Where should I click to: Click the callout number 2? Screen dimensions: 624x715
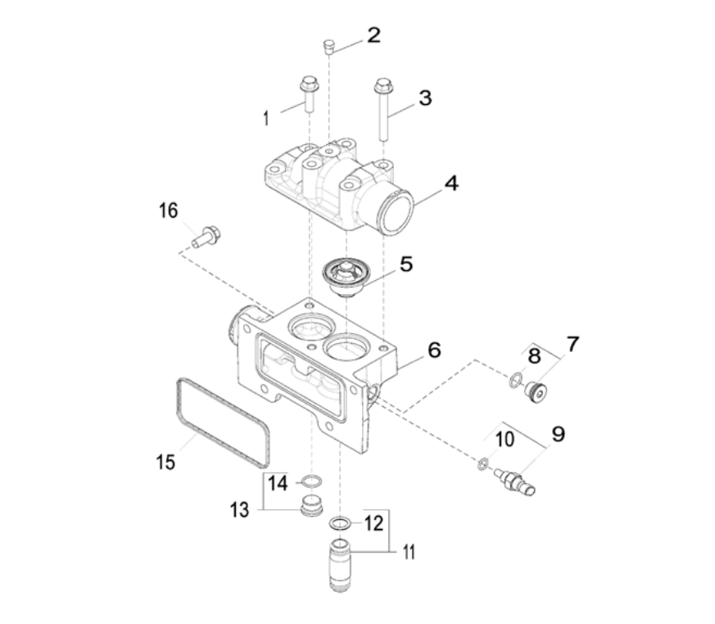373,35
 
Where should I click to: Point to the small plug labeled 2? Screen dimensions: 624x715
328,45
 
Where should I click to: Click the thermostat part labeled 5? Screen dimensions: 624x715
343,275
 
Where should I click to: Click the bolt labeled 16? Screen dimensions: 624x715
207,236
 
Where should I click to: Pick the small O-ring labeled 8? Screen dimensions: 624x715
516,379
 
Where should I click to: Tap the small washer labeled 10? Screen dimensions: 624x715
483,465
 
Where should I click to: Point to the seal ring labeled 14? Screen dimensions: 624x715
311,481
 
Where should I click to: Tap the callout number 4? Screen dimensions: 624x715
450,183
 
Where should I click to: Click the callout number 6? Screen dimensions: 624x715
433,350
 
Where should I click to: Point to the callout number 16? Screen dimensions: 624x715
168,211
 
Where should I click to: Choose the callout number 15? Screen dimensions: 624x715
166,462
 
